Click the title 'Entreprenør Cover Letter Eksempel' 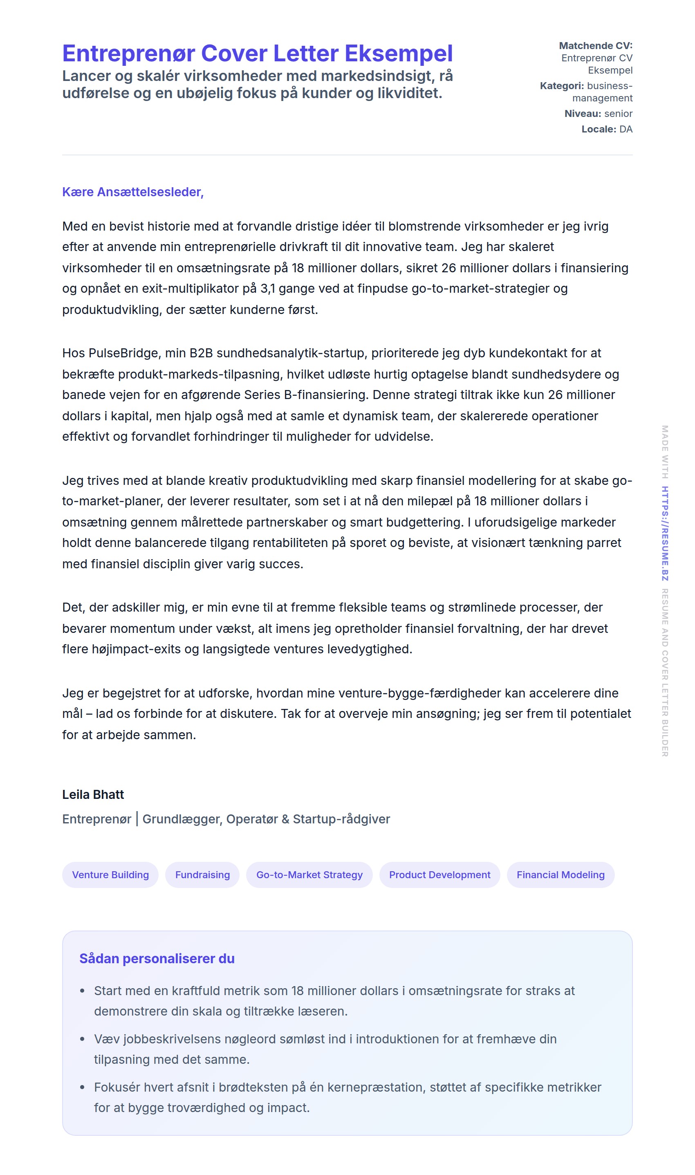(257, 54)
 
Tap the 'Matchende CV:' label (595, 45)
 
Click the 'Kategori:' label (562, 86)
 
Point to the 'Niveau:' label (583, 113)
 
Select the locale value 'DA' (625, 129)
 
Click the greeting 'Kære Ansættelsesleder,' (132, 192)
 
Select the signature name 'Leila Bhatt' (93, 794)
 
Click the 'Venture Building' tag (110, 875)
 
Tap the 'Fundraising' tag (202, 875)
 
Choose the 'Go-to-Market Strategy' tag (309, 875)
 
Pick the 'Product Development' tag (439, 875)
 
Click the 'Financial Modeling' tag (560, 875)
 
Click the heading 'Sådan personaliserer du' (157, 959)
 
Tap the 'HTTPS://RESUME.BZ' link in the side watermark (665, 534)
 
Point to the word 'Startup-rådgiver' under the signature (341, 819)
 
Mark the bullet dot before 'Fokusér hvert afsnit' (83, 1087)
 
